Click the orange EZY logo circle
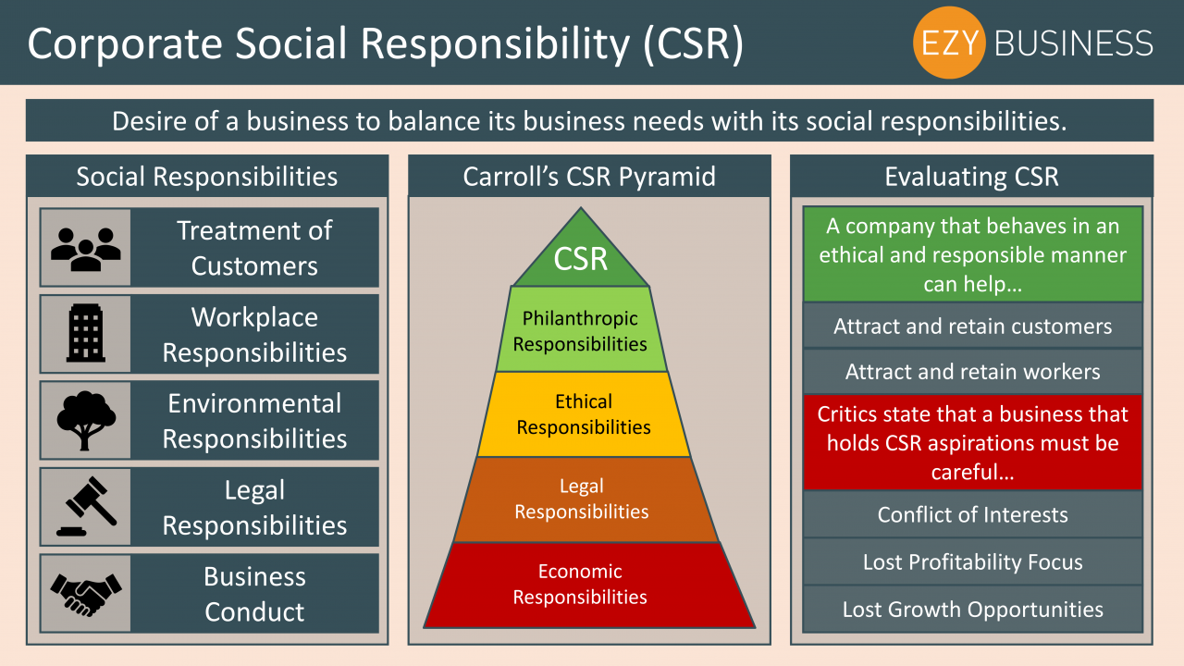pyautogui.click(x=949, y=43)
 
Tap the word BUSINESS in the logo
pyautogui.click(x=1074, y=43)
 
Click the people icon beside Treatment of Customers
pyautogui.click(x=86, y=249)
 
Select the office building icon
pyautogui.click(x=86, y=333)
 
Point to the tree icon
pyautogui.click(x=86, y=420)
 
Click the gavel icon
pyautogui.click(x=86, y=506)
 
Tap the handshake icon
pyautogui.click(x=86, y=595)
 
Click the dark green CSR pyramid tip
pyautogui.click(x=581, y=253)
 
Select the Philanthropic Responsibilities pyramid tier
pyautogui.click(x=581, y=329)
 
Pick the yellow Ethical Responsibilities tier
pyautogui.click(x=584, y=414)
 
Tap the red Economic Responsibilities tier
pyautogui.click(x=589, y=586)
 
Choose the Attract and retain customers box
pyautogui.click(x=972, y=326)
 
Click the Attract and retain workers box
pyautogui.click(x=972, y=372)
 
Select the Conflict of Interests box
pyautogui.click(x=972, y=514)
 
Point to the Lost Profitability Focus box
pyautogui.click(x=972, y=561)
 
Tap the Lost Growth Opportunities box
pyautogui.click(x=972, y=609)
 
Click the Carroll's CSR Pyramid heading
pyautogui.click(x=589, y=176)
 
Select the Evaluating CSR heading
pyautogui.click(x=971, y=176)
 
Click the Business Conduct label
pyautogui.click(x=254, y=594)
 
